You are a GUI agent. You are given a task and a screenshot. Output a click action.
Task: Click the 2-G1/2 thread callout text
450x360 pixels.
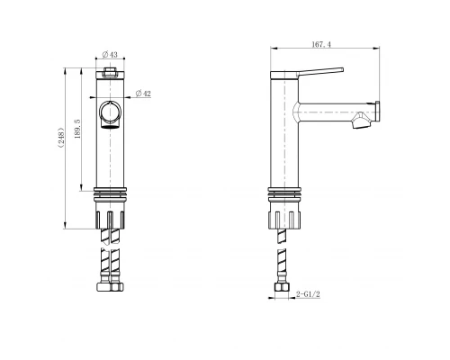click(x=310, y=292)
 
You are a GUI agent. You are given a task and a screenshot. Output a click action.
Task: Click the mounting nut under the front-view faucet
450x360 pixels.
click(x=110, y=219)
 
